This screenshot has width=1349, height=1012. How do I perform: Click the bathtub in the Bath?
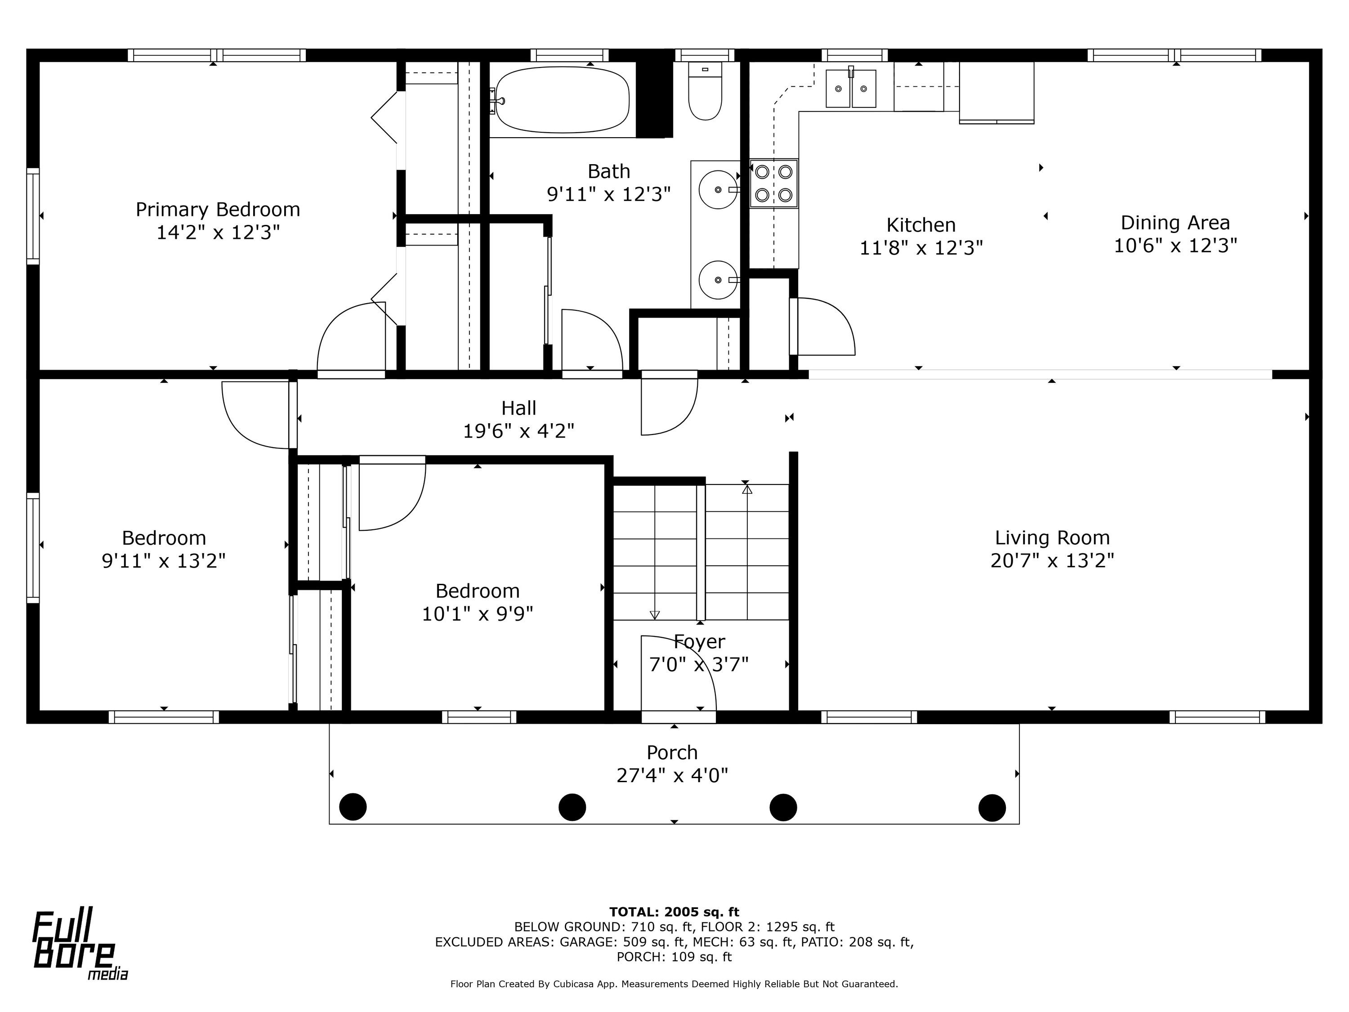pyautogui.click(x=562, y=99)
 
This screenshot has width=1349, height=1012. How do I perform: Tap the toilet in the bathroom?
pyautogui.click(x=705, y=90)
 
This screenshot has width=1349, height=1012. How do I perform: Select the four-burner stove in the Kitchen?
pyautogui.click(x=773, y=184)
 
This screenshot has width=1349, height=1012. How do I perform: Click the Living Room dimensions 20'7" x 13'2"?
pyautogui.click(x=1052, y=560)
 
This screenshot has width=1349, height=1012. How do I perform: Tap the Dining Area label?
pyautogui.click(x=1175, y=223)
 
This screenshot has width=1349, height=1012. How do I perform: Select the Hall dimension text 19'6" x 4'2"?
pyautogui.click(x=518, y=431)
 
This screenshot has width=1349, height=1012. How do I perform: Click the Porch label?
pyautogui.click(x=672, y=752)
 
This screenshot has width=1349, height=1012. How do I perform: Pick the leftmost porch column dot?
pyautogui.click(x=353, y=806)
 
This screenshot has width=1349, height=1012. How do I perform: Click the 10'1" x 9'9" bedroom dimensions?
pyautogui.click(x=478, y=613)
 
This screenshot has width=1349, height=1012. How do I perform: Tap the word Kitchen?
pyautogui.click(x=921, y=225)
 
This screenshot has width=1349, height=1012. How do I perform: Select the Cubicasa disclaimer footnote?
pyautogui.click(x=674, y=983)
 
